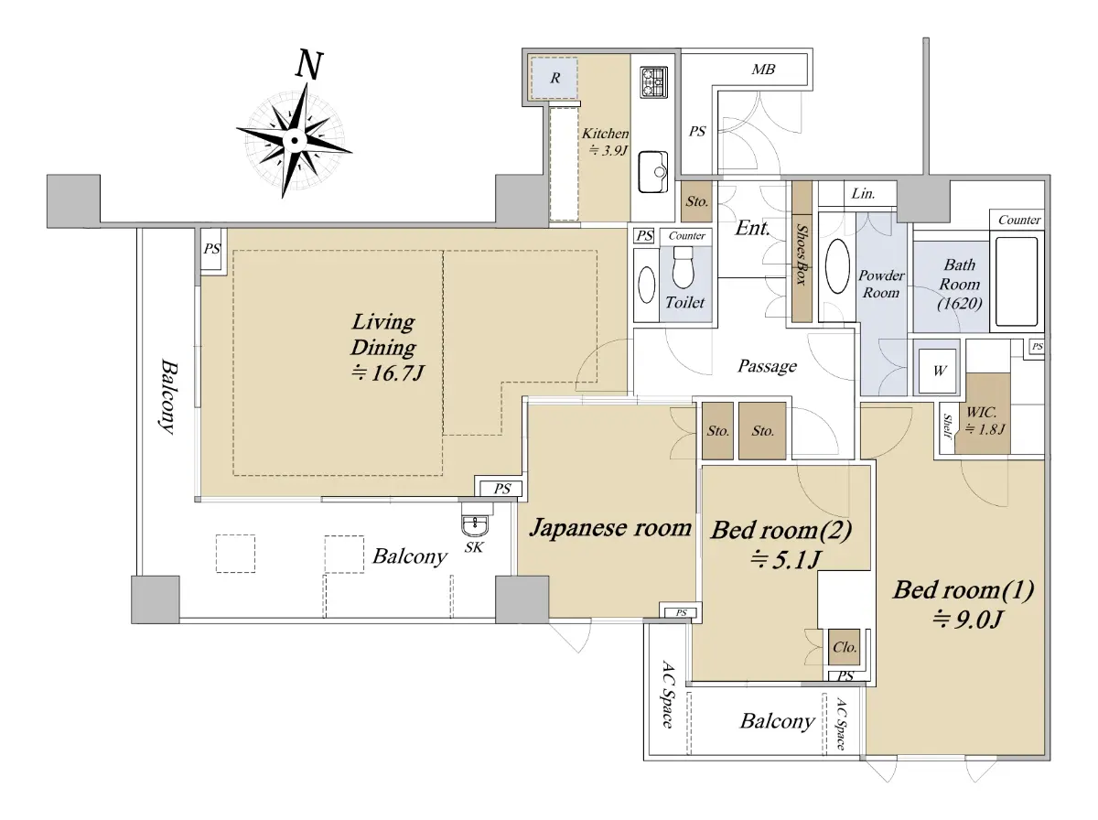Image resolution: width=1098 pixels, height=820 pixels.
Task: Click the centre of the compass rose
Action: click(x=294, y=141)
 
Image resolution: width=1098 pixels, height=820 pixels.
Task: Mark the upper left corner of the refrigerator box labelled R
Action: click(x=532, y=58)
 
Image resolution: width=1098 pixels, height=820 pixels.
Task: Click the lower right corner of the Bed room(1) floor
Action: click(x=1043, y=754)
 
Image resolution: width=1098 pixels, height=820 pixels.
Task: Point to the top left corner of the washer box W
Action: click(x=920, y=350)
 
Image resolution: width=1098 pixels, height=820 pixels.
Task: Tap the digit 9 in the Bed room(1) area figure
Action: click(x=961, y=620)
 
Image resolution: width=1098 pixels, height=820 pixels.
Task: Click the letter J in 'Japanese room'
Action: click(x=536, y=527)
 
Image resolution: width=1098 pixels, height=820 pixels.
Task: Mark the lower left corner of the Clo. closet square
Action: click(x=829, y=665)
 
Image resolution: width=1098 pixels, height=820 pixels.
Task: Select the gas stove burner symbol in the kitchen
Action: click(x=654, y=82)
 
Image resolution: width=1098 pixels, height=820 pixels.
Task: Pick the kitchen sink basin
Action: click(x=653, y=172)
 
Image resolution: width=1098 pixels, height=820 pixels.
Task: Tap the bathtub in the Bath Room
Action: click(x=1017, y=282)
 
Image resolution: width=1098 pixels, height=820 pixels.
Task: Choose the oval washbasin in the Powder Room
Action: click(x=837, y=266)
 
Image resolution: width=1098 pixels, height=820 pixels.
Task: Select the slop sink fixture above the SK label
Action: click(x=475, y=521)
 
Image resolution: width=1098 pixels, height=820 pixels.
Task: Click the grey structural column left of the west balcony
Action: click(x=73, y=201)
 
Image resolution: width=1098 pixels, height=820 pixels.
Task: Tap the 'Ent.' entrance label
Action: click(x=752, y=229)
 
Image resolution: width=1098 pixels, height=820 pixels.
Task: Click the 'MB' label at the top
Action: click(x=763, y=69)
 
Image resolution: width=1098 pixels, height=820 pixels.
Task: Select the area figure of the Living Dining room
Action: click(x=388, y=372)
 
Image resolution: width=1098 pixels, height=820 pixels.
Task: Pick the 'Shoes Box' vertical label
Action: click(x=802, y=254)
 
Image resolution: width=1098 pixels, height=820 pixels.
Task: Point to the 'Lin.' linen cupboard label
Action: click(x=863, y=194)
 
